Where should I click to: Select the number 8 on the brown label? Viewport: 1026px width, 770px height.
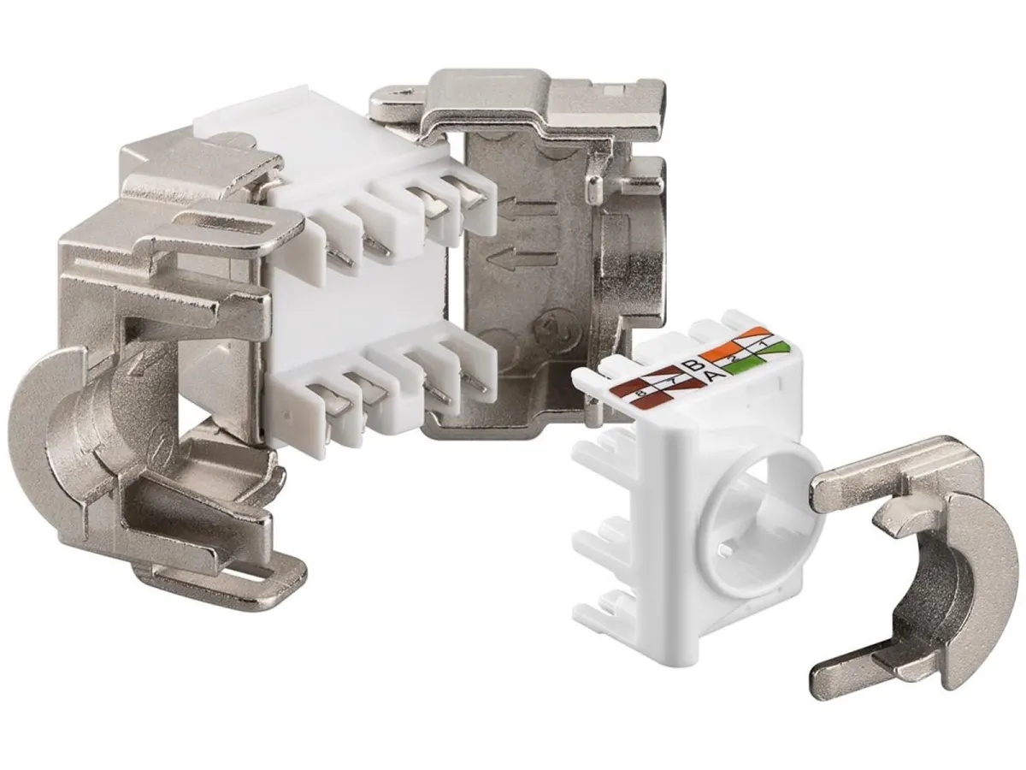(640, 394)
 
